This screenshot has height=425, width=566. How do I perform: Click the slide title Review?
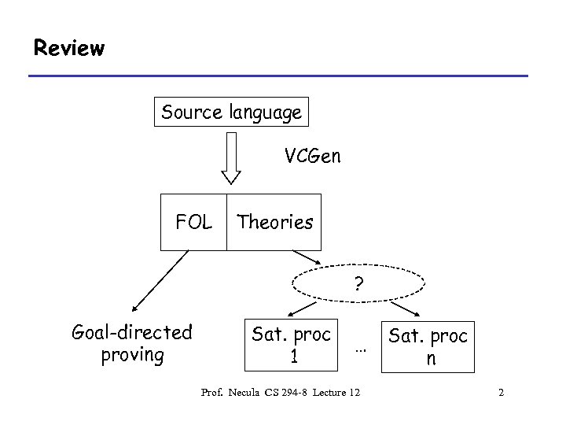click(x=68, y=49)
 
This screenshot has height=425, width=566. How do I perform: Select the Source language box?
click(x=231, y=113)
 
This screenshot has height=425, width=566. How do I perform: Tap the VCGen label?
click(x=313, y=156)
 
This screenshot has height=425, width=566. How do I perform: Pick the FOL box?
click(x=193, y=222)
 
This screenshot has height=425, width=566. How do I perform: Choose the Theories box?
click(x=275, y=222)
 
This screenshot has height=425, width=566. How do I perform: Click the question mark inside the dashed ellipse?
click(x=358, y=283)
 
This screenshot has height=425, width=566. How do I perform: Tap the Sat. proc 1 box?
click(x=292, y=344)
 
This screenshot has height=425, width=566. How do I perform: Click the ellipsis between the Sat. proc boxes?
click(x=361, y=347)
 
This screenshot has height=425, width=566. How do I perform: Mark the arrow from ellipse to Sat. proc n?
click(x=406, y=307)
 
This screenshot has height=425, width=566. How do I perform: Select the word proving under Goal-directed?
click(x=132, y=355)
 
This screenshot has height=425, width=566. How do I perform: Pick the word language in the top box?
click(x=266, y=113)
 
